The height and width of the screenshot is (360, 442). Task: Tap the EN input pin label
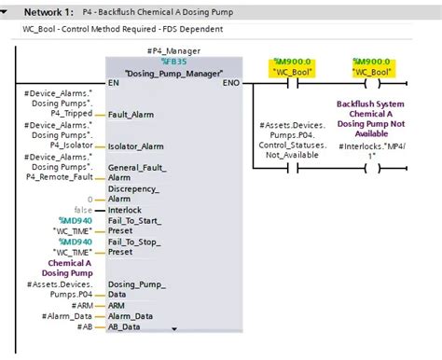[x=115, y=83]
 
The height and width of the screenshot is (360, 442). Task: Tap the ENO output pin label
[x=230, y=83]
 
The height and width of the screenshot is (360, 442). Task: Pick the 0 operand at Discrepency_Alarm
[x=90, y=199]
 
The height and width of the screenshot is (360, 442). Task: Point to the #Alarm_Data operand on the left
[x=68, y=316]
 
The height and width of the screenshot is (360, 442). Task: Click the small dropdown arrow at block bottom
[x=173, y=328]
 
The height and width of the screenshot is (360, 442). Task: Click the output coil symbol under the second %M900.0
[x=370, y=82]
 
